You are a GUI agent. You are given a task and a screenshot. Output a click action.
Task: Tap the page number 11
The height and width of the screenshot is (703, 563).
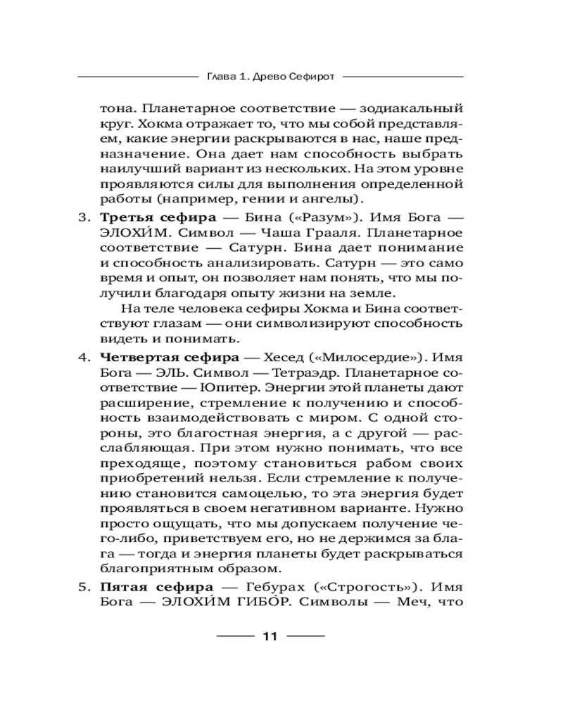[x=270, y=638]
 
